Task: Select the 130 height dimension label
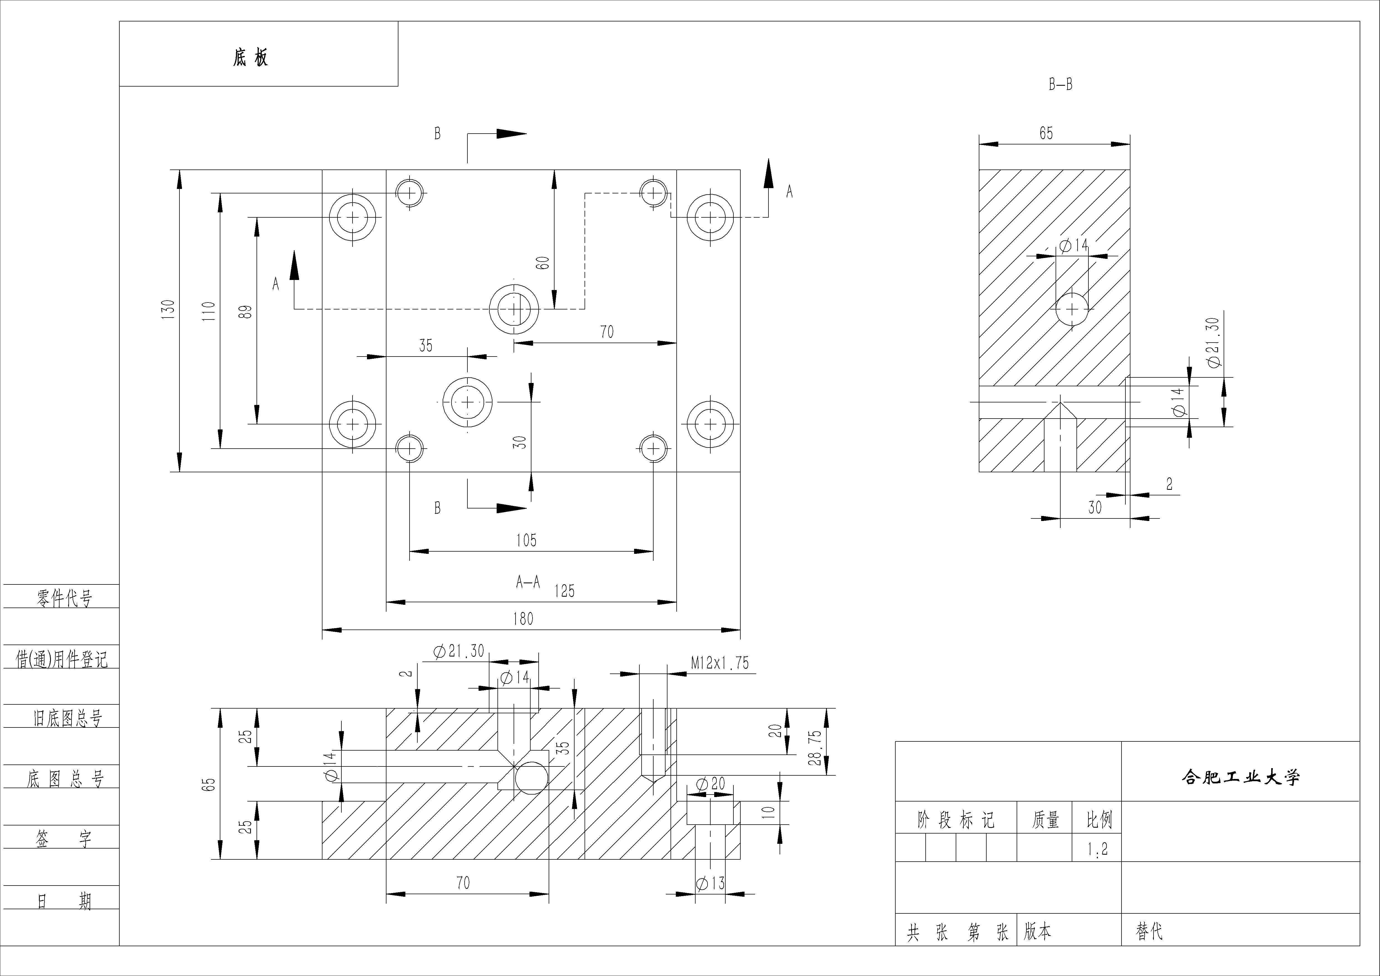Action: point(168,309)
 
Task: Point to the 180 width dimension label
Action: point(523,619)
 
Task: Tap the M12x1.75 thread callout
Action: point(719,663)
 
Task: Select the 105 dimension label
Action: point(526,540)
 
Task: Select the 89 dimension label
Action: point(245,311)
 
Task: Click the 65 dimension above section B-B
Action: point(1046,133)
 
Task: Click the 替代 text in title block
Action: point(1149,931)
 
